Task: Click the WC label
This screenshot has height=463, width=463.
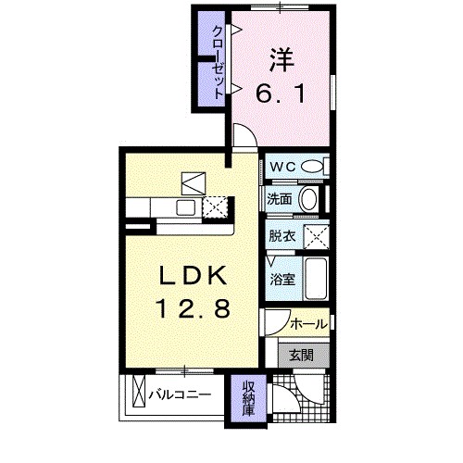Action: pos(282,167)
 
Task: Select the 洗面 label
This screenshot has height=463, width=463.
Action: pos(281,198)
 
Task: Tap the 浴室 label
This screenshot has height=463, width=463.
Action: pos(281,278)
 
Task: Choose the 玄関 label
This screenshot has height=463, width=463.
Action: pos(301,354)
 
